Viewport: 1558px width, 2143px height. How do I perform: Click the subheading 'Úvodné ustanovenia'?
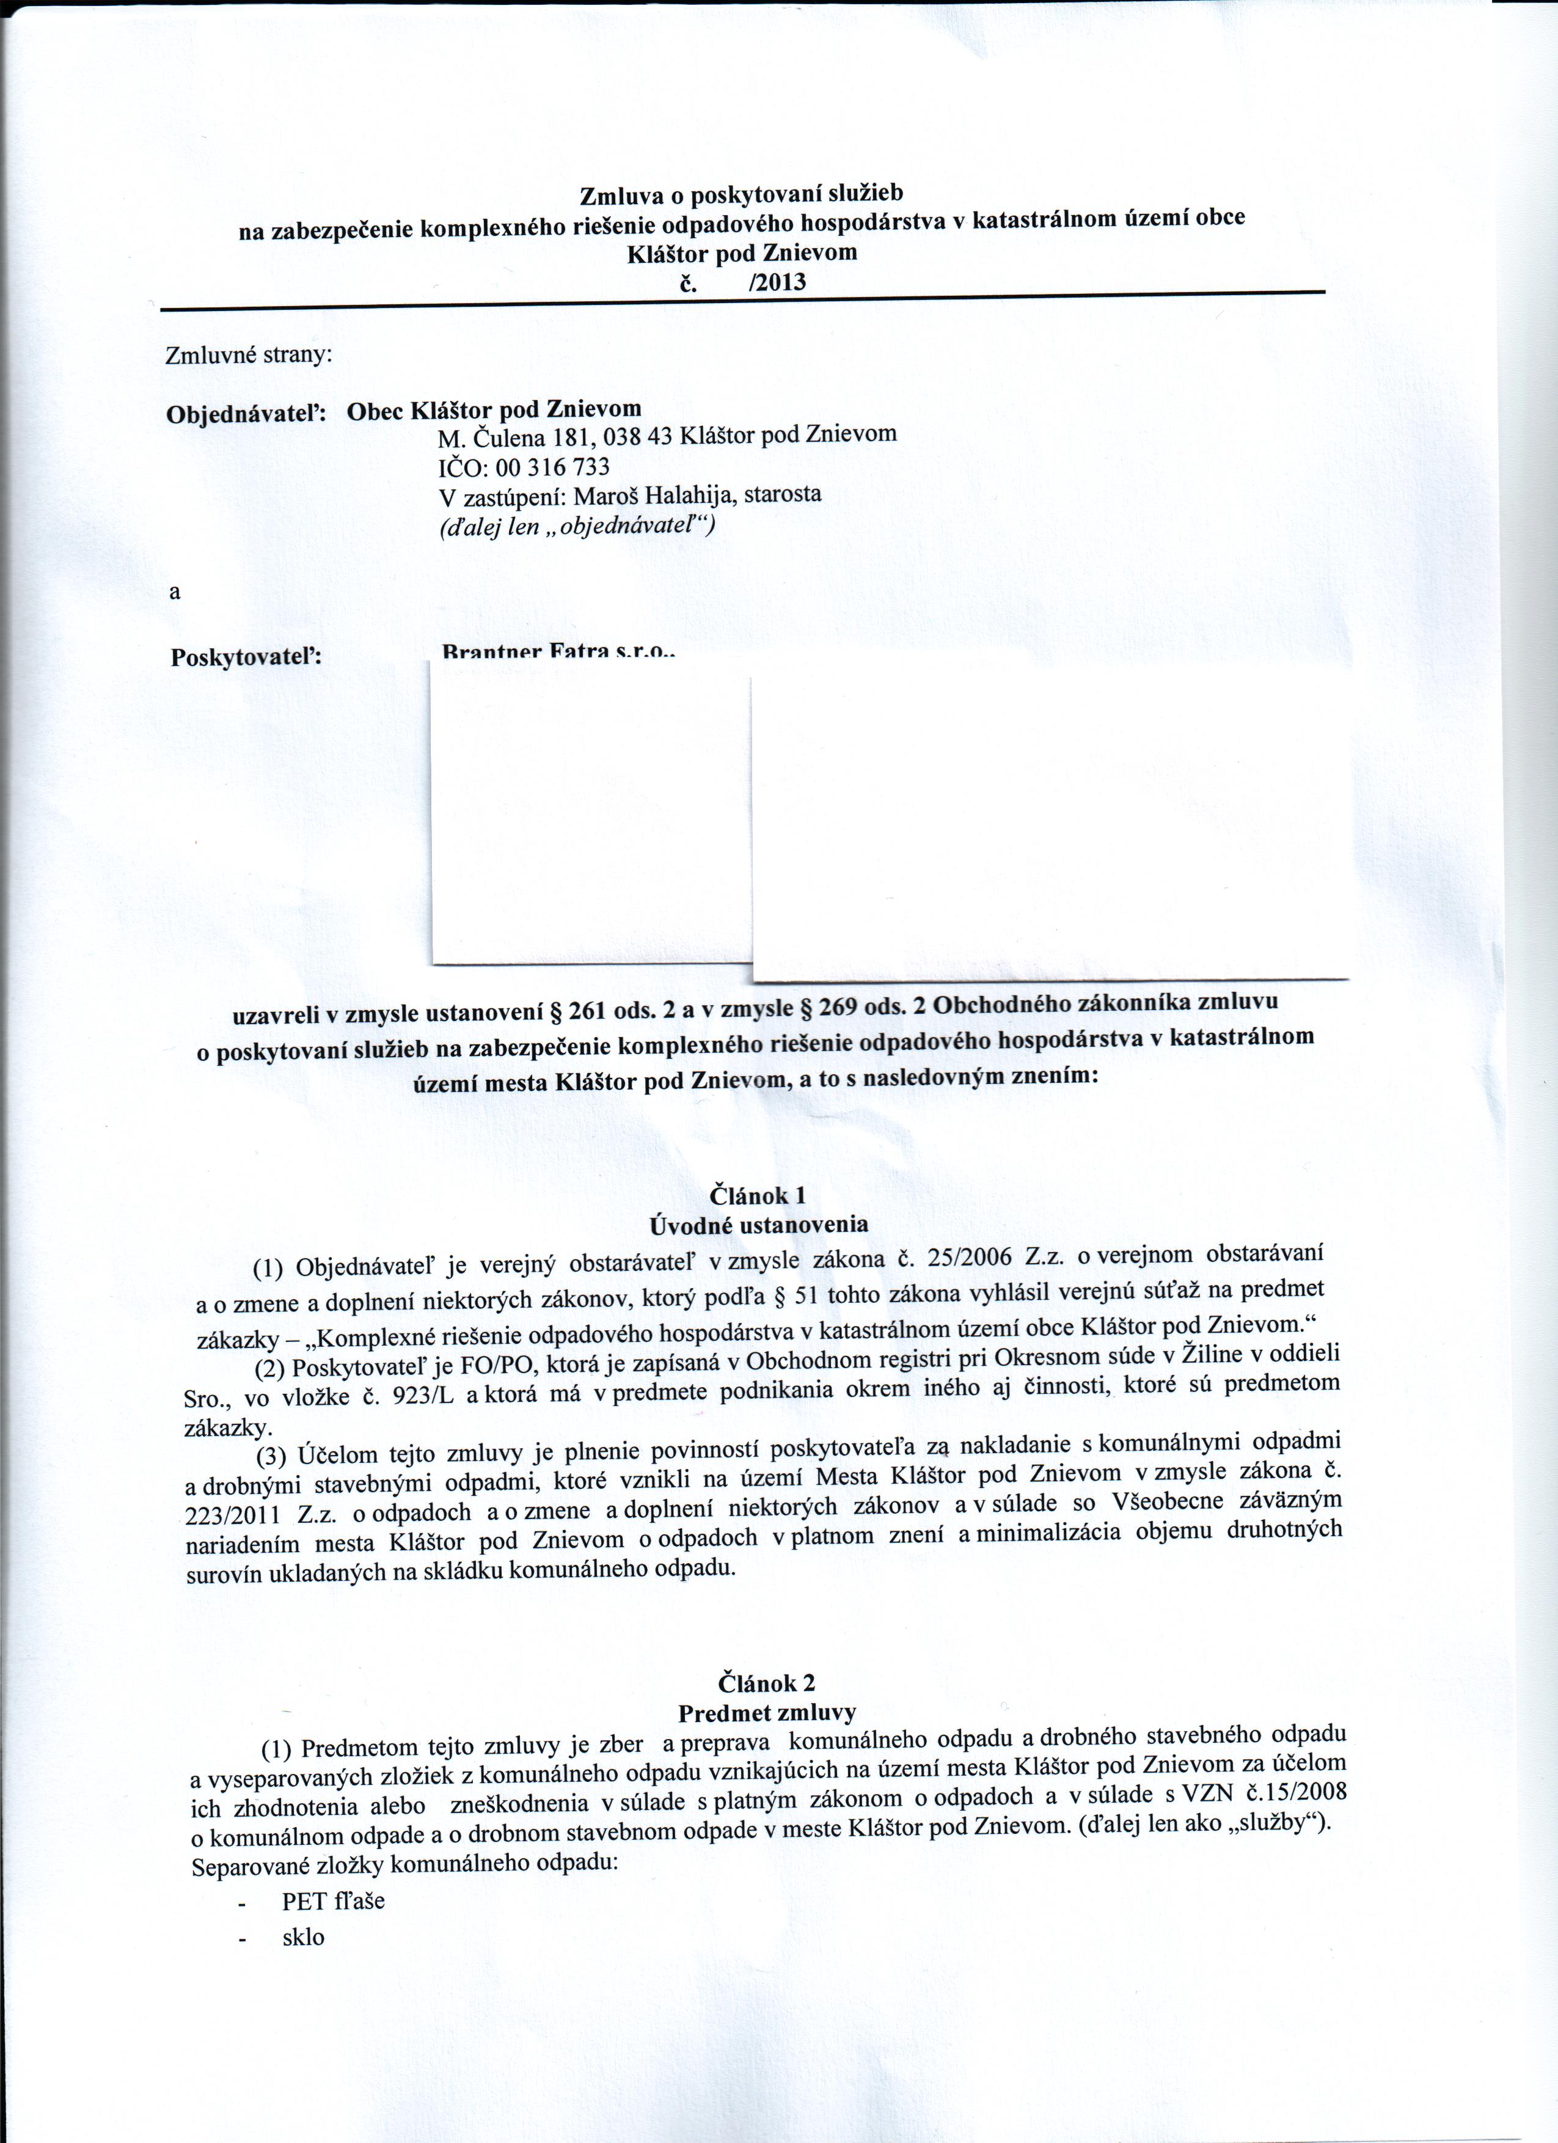click(759, 1226)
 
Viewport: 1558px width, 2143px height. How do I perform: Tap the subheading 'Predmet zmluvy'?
click(767, 1712)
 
